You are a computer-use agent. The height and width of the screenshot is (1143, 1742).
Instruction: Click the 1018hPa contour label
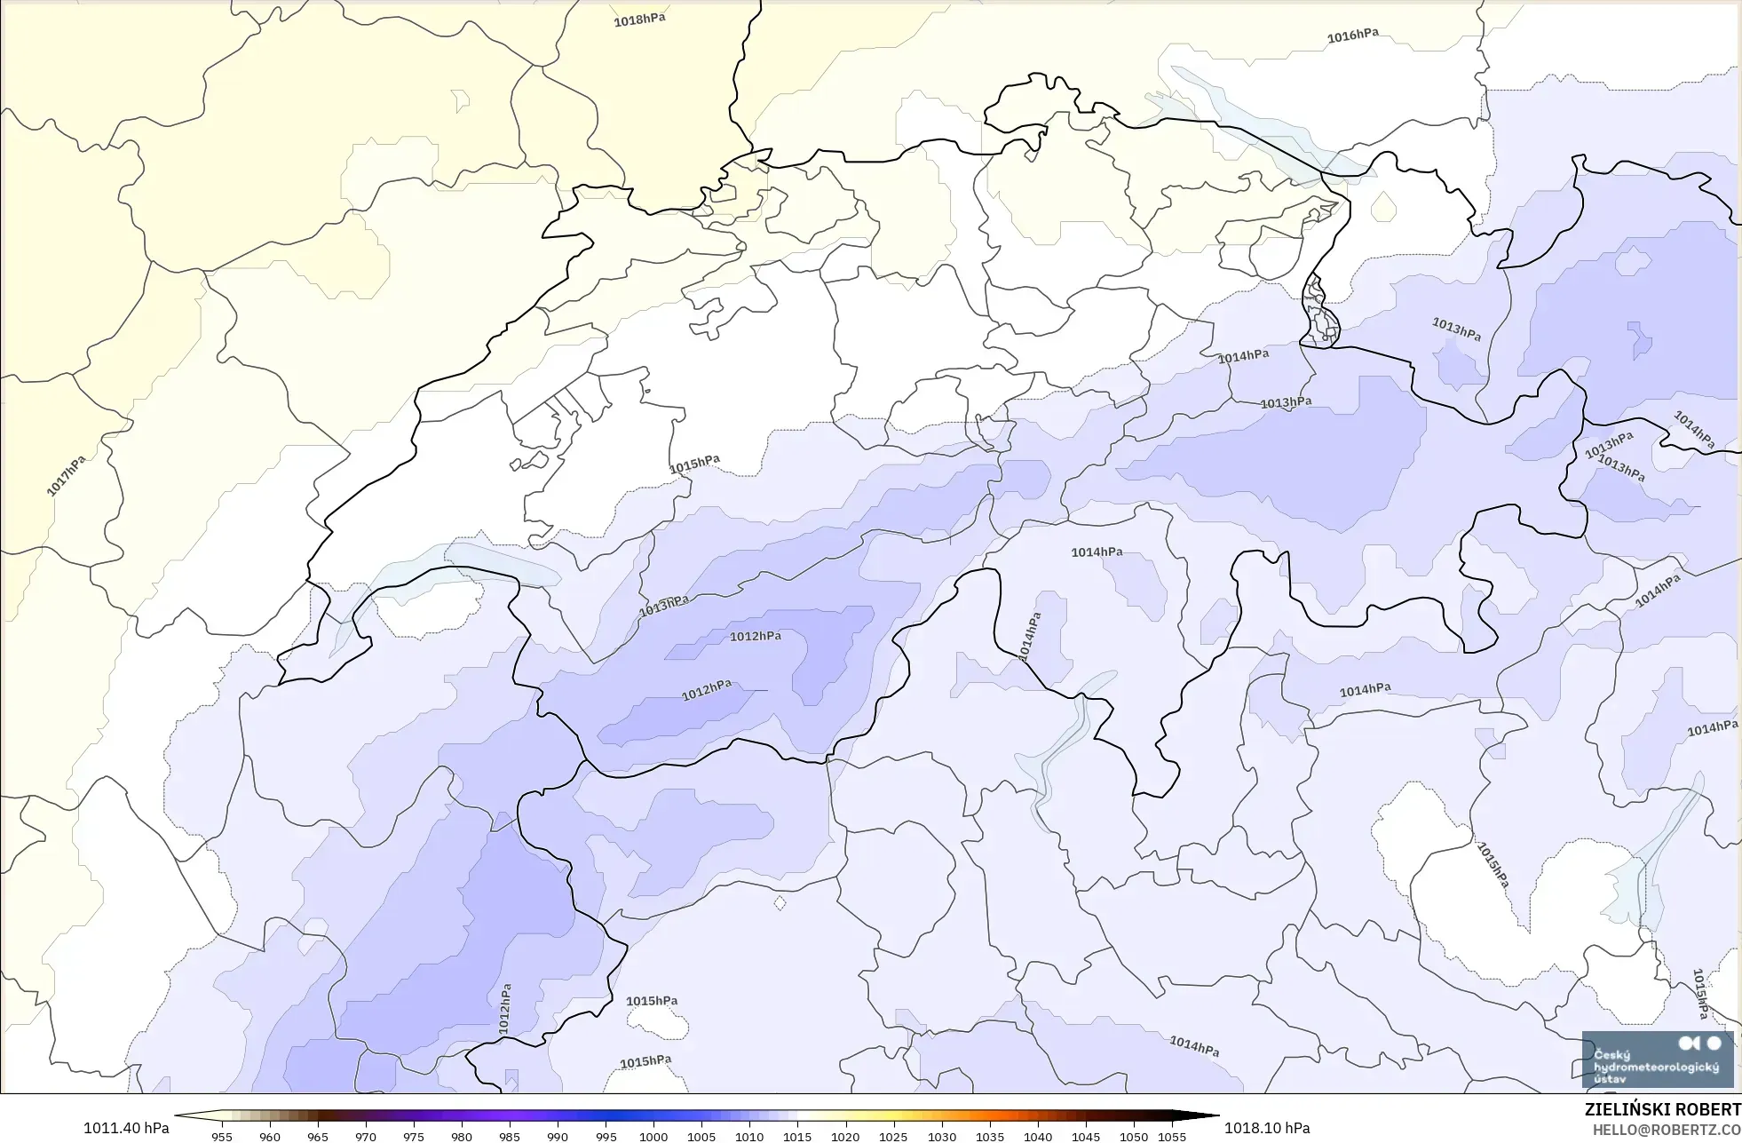point(639,20)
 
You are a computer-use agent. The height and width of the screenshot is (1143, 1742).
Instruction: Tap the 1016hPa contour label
point(1352,36)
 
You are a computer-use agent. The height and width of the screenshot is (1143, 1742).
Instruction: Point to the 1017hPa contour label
point(67,475)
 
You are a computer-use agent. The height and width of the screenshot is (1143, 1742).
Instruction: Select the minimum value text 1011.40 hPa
point(126,1128)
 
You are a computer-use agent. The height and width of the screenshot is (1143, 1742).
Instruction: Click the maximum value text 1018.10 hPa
point(1267,1128)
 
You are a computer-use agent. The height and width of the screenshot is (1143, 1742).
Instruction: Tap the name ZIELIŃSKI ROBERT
point(1662,1110)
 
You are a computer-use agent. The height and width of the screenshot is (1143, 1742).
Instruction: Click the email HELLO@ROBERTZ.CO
point(1666,1130)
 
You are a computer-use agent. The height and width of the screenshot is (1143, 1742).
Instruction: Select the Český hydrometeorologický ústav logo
point(1657,1060)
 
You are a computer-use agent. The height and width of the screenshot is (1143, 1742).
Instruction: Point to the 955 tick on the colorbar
point(222,1137)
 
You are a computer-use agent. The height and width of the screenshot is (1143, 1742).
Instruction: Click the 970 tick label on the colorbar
point(366,1137)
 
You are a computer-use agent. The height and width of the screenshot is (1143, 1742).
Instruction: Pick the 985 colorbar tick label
point(510,1137)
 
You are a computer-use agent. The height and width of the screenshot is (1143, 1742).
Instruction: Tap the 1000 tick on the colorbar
point(653,1137)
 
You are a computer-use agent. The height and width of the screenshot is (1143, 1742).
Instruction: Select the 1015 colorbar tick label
point(797,1137)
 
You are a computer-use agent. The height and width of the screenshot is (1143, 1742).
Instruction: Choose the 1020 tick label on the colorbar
point(845,1137)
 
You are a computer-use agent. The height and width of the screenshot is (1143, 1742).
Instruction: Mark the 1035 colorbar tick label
point(990,1137)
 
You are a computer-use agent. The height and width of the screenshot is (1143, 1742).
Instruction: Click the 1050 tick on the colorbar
point(1134,1137)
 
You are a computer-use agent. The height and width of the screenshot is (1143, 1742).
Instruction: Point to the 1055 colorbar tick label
point(1172,1137)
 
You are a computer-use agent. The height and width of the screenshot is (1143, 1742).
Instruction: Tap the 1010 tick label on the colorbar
point(749,1137)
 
